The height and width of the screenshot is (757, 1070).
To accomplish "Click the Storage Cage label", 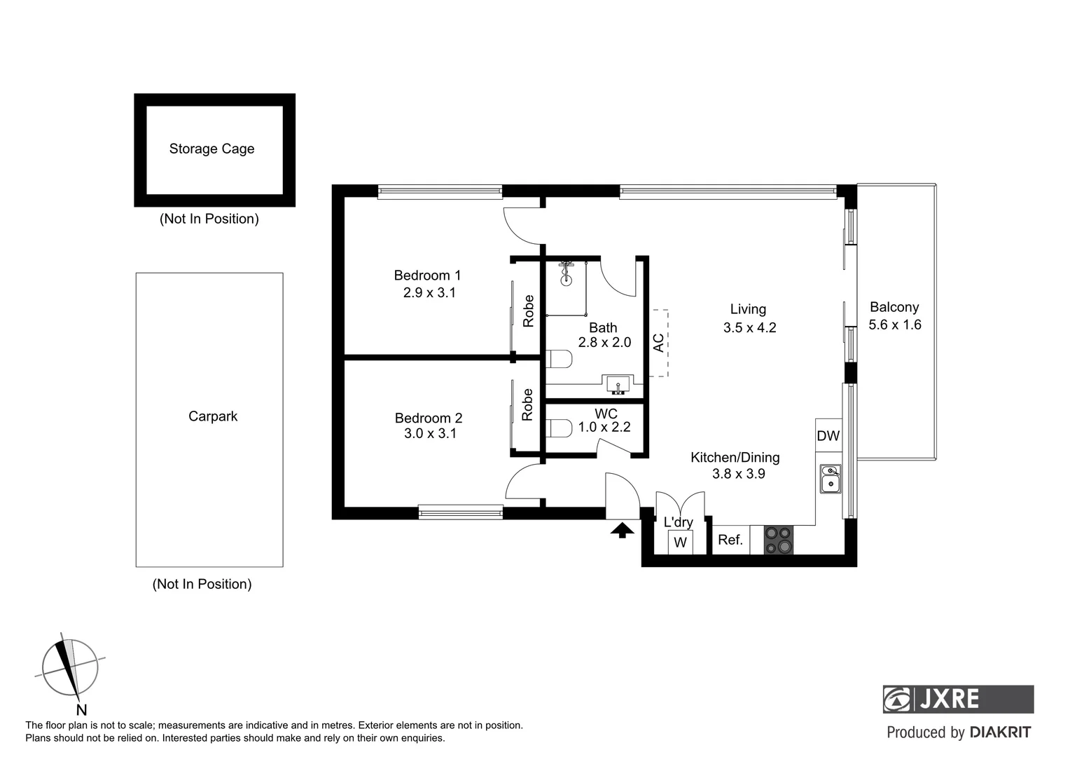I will pos(211,149).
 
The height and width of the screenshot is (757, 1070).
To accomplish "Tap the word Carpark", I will pos(213,416).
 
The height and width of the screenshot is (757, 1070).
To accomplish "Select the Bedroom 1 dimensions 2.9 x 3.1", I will pos(429,293).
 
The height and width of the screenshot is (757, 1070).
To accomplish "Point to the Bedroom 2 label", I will pos(429,418).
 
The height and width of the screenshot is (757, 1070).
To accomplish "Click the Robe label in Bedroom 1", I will pos(529,311).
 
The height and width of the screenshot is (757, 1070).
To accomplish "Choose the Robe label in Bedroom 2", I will pos(528,404).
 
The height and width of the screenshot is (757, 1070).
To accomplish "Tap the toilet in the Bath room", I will pos(560,359).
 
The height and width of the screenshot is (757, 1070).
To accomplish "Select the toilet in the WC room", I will pos(560,428).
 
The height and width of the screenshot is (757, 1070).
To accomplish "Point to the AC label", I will pos(658,343).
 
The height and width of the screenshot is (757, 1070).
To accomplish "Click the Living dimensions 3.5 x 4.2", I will pos(749,327).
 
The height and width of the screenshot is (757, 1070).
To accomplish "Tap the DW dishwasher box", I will pos(828,436).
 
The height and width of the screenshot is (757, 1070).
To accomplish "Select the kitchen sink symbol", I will pos(831,479).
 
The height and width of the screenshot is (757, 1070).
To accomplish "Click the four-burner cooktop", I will pos(779,540).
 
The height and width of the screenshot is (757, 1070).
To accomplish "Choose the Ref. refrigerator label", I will pos(730,540).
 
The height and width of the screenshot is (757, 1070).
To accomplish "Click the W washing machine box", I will pos(680,543).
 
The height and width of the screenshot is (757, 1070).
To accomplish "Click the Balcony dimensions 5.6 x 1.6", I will pos(895,325).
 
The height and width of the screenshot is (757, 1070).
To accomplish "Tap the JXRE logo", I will pos(958,699).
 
